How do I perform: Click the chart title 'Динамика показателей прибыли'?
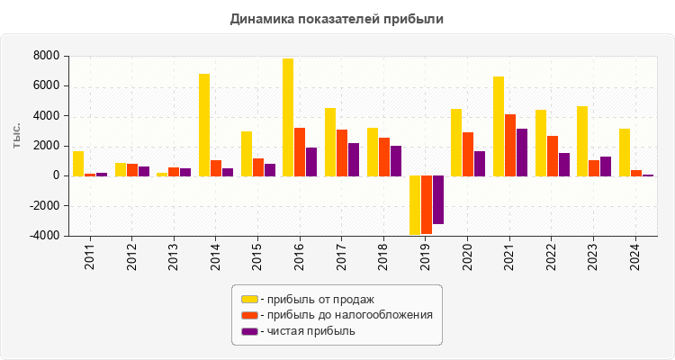click(337, 18)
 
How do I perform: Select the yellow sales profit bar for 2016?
click(288, 117)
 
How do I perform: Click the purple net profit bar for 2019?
click(438, 199)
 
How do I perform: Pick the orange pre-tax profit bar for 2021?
click(510, 145)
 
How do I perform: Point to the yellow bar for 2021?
click(499, 126)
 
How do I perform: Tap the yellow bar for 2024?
click(625, 152)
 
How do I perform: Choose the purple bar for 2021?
click(522, 152)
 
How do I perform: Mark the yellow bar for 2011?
click(78, 163)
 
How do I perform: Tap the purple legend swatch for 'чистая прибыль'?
click(249, 331)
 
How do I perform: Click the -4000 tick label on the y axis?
click(44, 236)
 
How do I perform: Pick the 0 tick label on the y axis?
click(56, 175)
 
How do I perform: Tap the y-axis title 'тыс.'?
click(16, 135)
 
